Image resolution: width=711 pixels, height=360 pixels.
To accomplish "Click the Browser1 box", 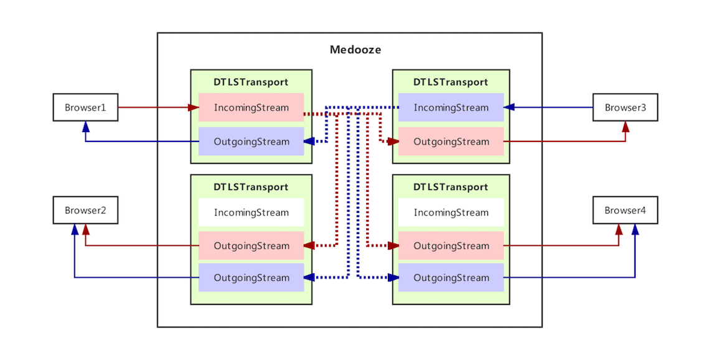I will (x=85, y=108).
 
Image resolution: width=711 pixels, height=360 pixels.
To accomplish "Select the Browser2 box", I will (x=85, y=211).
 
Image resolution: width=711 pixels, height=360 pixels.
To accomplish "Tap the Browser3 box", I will (x=625, y=108).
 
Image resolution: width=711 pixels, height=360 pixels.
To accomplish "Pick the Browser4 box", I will (x=625, y=211).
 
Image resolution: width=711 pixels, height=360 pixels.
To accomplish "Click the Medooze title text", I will (x=355, y=50).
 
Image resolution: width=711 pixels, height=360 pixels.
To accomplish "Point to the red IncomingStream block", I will (x=252, y=108).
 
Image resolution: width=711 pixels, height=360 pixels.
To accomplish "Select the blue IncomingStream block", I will (x=451, y=108).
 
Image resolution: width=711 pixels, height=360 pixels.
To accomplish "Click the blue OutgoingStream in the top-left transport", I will (x=252, y=141).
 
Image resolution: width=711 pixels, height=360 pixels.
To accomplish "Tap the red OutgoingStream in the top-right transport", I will (x=451, y=141).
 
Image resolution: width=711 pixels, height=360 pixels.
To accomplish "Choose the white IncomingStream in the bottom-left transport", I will (x=252, y=212).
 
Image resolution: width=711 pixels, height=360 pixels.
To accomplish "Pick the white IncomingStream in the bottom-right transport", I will (x=451, y=212).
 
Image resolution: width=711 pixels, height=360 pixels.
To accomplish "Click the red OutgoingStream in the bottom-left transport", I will (x=252, y=246).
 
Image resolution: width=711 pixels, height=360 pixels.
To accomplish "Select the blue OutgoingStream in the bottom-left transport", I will (x=252, y=278).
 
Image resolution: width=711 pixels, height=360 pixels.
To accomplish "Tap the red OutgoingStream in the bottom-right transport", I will (x=451, y=246).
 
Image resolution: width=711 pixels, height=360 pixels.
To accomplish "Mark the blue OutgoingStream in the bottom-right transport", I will (x=451, y=278).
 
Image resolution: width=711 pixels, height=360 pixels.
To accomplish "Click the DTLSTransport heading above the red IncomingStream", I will (x=251, y=82).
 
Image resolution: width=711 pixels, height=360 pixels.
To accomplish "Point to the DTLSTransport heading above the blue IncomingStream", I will (x=451, y=82).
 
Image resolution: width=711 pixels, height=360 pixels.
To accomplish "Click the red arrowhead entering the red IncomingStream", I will (x=194, y=108).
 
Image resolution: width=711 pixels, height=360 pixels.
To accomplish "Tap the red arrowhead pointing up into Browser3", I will (x=626, y=126).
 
